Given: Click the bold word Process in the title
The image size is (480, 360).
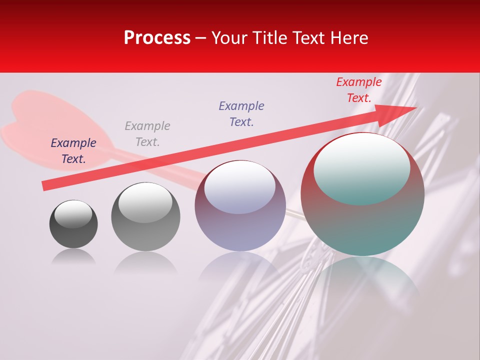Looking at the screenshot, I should point(157,38).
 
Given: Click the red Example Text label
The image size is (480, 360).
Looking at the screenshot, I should point(358,90).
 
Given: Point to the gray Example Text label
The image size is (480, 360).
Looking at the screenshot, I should point(147,133).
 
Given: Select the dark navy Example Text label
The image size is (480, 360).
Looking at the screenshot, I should point(73,150).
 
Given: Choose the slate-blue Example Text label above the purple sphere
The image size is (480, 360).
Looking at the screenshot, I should point(241,113).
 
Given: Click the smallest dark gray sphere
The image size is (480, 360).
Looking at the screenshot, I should point(73,230).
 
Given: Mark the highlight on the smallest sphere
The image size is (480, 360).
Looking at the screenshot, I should point(73,214).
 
